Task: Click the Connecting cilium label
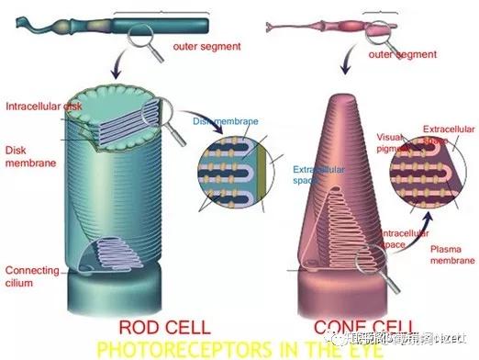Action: [x=31, y=276]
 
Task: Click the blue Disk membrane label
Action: [x=224, y=120]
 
